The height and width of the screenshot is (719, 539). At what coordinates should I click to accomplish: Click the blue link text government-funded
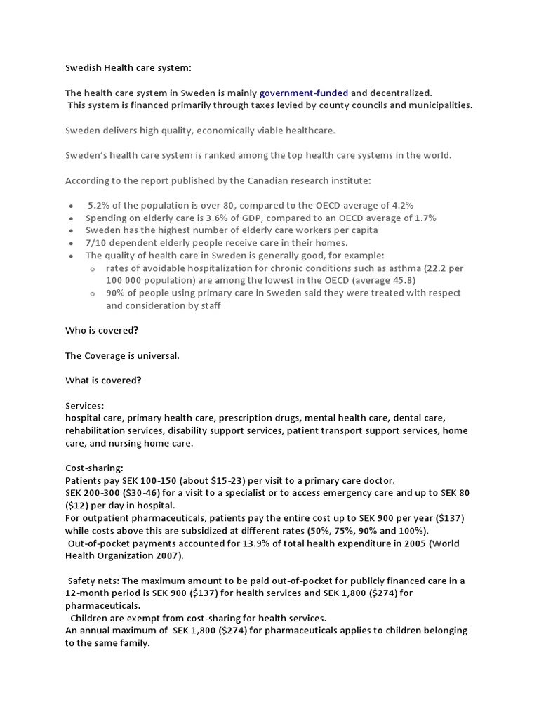(303, 93)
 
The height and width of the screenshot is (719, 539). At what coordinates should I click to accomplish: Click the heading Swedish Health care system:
(128, 67)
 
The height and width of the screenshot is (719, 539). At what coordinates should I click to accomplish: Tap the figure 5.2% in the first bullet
(99, 205)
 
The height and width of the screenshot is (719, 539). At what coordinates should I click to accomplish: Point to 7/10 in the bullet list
(96, 243)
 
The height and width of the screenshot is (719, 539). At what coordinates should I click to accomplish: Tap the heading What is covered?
(103, 381)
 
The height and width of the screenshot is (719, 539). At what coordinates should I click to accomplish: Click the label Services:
(85, 406)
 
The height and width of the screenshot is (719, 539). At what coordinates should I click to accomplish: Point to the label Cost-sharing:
(94, 468)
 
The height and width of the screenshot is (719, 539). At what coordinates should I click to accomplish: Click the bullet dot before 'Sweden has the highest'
(72, 231)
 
